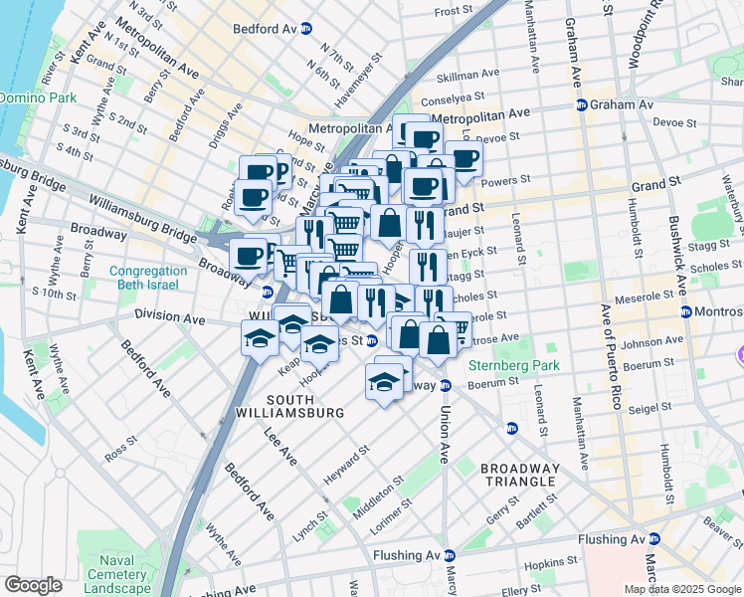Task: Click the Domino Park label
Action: tap(31, 99)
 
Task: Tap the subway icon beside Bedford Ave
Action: tap(306, 29)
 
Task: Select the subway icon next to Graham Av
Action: tap(580, 104)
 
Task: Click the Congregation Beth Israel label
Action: tap(148, 278)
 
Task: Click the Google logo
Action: tap(33, 585)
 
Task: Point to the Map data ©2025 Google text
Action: tap(680, 589)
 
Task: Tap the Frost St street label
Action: tap(453, 11)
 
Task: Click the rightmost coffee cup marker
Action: tap(464, 158)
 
